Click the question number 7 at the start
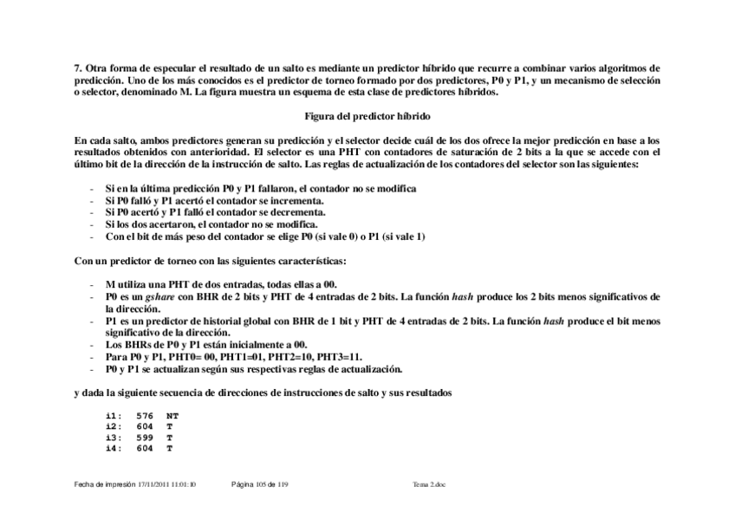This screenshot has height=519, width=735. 77,68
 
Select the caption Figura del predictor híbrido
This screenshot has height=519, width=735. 367,115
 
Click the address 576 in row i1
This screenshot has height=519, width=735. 145,415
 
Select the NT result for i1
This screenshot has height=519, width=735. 172,415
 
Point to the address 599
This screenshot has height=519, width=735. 145,438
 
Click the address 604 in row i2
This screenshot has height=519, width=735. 145,426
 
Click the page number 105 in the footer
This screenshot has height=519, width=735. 262,484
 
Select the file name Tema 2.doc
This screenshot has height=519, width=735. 430,484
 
